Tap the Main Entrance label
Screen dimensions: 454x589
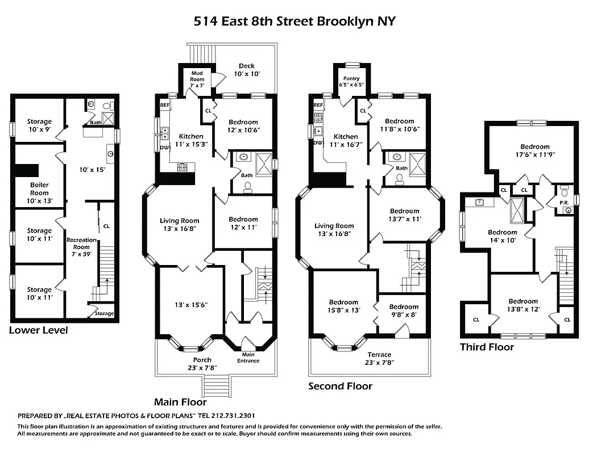[248, 358]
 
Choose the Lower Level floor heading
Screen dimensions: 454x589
[38, 330]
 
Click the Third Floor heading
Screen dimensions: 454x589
[487, 347]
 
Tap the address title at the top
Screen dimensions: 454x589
[294, 22]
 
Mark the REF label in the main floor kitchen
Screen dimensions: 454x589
[164, 105]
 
